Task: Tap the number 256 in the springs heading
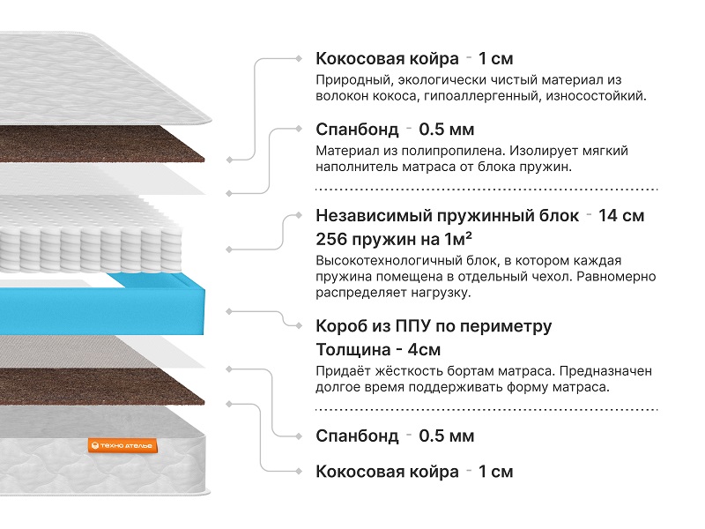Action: [333, 240]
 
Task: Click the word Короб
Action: [341, 326]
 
